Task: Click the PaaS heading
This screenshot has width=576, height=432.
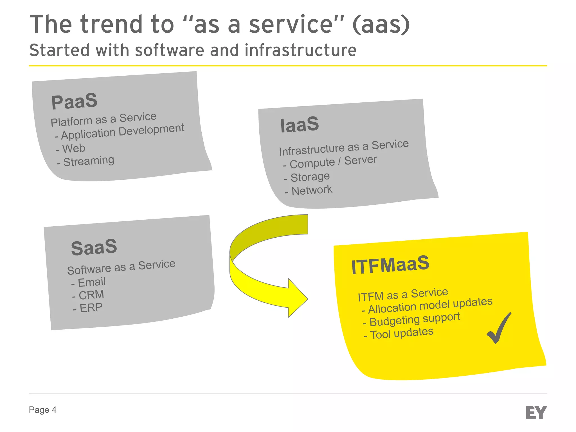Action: [x=74, y=102]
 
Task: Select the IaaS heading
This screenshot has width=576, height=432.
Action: [x=300, y=125]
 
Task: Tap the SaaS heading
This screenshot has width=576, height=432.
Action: [x=94, y=247]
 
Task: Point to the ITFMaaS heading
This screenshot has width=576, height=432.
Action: [x=390, y=265]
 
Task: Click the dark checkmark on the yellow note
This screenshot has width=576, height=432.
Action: [x=499, y=328]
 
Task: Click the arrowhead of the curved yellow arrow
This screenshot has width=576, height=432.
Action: [x=298, y=298]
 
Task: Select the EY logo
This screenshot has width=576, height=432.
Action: [x=536, y=413]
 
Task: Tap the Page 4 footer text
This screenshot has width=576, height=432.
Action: [x=42, y=410]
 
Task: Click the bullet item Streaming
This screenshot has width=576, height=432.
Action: [x=89, y=161]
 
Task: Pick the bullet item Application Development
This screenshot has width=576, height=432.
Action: [x=123, y=131]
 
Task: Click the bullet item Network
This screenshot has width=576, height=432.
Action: [x=312, y=190]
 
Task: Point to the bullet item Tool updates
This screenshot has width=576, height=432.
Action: [x=402, y=334]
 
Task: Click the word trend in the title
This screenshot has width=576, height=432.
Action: [x=112, y=25]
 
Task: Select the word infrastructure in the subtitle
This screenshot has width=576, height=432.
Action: [x=300, y=51]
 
